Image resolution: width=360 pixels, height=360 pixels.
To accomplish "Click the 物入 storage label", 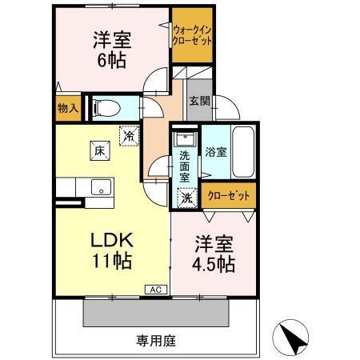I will click(x=68, y=109).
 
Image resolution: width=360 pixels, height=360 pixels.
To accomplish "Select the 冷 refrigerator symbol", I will click(x=128, y=137).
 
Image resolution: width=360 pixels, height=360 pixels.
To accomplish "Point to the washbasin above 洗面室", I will click(x=184, y=138).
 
